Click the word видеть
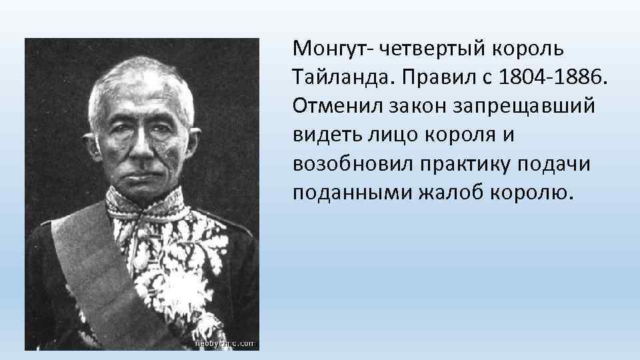pyautogui.click(x=325, y=135)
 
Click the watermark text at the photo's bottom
pyautogui.click(x=223, y=343)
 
